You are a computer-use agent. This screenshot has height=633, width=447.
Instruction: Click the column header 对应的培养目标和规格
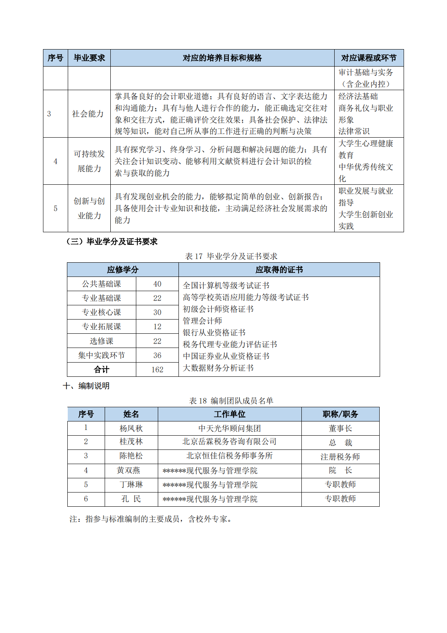[x=222, y=58]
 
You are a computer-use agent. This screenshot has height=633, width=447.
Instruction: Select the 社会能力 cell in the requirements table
[x=88, y=114]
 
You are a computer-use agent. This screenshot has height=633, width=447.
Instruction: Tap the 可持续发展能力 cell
[x=89, y=161]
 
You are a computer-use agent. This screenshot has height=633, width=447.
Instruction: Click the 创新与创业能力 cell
[x=89, y=208]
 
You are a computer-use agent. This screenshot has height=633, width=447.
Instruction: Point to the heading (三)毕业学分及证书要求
[x=112, y=242]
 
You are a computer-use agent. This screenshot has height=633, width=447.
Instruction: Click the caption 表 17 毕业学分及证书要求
[x=231, y=256]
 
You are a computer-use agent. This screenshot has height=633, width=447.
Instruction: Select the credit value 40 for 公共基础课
[x=157, y=284]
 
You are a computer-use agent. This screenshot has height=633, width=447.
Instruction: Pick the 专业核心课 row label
[x=101, y=312]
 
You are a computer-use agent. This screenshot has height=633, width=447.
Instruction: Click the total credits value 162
[x=157, y=369]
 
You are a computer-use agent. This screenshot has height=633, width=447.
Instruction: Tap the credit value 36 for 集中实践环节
[x=157, y=355]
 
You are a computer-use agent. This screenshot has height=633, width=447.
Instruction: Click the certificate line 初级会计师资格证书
[x=218, y=309]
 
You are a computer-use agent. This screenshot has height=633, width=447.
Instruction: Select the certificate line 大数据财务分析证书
[x=218, y=368]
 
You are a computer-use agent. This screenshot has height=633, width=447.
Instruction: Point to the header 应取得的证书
[x=279, y=270]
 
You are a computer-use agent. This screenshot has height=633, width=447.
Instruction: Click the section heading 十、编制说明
[x=86, y=386]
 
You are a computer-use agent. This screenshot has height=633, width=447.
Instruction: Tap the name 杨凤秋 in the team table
[x=131, y=428]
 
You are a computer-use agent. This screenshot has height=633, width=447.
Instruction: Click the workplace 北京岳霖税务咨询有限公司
[x=230, y=442]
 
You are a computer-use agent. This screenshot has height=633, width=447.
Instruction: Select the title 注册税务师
[x=340, y=457]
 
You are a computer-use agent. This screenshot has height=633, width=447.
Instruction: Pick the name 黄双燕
[x=129, y=471]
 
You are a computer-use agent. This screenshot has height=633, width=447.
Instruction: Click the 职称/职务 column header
[x=340, y=414]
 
